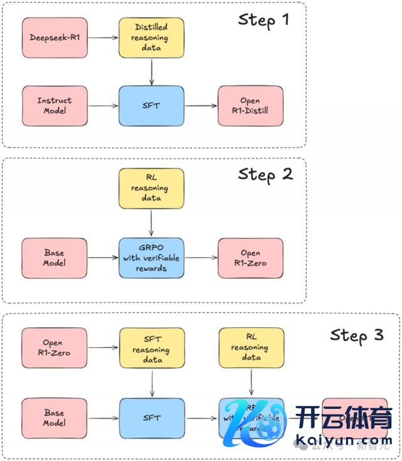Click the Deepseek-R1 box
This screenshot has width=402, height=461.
(x=55, y=38)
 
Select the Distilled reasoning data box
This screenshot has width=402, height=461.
(x=151, y=38)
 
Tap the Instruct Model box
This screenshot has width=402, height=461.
(x=55, y=106)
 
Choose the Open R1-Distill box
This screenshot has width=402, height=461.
(x=251, y=106)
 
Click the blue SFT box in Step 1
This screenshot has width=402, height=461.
(x=151, y=106)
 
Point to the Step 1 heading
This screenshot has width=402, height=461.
(x=264, y=19)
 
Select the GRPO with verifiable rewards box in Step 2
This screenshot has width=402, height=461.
(x=151, y=258)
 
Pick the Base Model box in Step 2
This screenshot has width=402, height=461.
(x=55, y=258)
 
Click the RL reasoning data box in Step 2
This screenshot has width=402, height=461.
(x=151, y=188)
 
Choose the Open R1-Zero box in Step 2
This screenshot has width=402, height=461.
(x=251, y=258)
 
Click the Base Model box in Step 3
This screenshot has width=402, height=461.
(x=55, y=418)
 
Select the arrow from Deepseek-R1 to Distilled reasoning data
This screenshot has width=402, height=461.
(x=103, y=38)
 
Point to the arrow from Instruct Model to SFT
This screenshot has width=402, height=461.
(x=103, y=106)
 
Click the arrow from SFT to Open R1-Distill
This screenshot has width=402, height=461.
(x=201, y=106)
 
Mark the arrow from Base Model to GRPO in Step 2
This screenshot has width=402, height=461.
(x=103, y=258)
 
